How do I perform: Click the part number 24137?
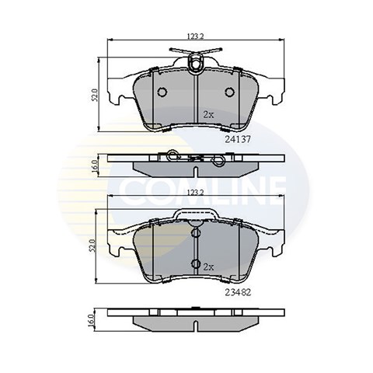[238, 140]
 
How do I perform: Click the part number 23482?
[238, 292]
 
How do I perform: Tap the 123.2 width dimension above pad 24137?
[196, 37]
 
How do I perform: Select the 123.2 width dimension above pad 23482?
[196, 193]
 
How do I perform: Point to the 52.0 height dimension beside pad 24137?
[95, 95]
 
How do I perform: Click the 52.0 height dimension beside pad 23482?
[93, 246]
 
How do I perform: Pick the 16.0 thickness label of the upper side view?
[95, 166]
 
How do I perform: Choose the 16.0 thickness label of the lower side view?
[91, 320]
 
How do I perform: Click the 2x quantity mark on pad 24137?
[208, 115]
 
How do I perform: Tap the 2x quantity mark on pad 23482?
[208, 267]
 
